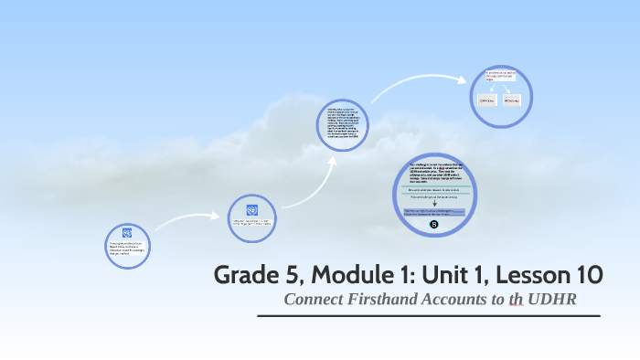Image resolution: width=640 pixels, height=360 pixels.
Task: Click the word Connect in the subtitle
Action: (x=313, y=300)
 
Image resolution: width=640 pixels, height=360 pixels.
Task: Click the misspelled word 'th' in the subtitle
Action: (x=517, y=300)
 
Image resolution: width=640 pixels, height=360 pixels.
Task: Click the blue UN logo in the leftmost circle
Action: (x=127, y=233)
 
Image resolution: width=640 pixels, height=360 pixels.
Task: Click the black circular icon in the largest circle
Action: (x=433, y=224)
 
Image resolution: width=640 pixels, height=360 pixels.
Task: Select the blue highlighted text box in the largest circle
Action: (x=433, y=212)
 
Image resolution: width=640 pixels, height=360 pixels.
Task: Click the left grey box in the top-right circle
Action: (x=486, y=100)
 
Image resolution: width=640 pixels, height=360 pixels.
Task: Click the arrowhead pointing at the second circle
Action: (x=219, y=217)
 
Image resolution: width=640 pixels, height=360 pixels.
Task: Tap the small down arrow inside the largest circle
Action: (x=433, y=203)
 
